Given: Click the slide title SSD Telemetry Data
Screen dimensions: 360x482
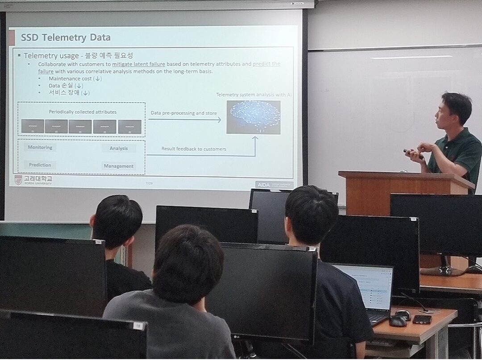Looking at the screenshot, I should pyautogui.click(x=66, y=37).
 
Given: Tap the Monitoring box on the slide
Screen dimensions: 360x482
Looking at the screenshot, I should pyautogui.click(x=40, y=147).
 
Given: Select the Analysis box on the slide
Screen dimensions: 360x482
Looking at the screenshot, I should pyautogui.click(x=119, y=149).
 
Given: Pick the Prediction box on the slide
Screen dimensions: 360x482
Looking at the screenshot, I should pyautogui.click(x=40, y=165).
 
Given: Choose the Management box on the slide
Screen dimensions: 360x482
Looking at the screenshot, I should pyautogui.click(x=119, y=166).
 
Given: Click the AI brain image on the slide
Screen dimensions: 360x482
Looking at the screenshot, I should pyautogui.click(x=253, y=117).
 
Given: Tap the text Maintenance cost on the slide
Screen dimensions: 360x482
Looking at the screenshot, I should pyautogui.click(x=70, y=79).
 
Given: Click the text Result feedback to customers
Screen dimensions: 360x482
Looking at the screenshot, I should pyautogui.click(x=194, y=149).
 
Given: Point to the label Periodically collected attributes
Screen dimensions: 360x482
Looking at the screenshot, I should pyautogui.click(x=76, y=112).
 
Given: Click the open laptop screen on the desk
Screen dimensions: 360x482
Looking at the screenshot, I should pyautogui.click(x=362, y=287).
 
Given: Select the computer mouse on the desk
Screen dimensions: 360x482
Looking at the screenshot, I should pyautogui.click(x=397, y=320).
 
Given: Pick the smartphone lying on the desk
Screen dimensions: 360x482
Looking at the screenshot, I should pyautogui.click(x=422, y=319).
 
